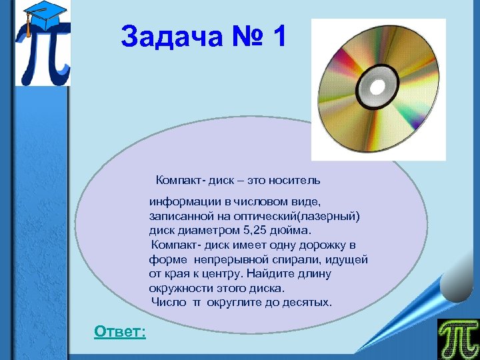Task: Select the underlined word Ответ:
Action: [x=120, y=331]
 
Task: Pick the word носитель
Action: [x=296, y=180]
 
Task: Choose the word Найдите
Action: [x=271, y=274]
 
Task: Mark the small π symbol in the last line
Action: [x=197, y=303]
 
